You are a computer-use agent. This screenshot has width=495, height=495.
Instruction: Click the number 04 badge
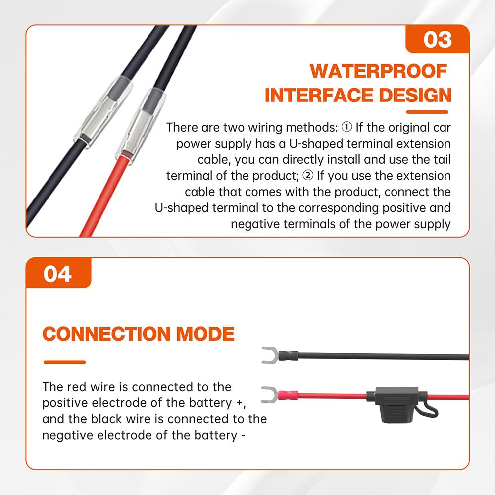pyautogui.click(x=58, y=274)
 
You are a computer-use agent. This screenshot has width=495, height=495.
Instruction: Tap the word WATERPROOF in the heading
pyautogui.click(x=379, y=71)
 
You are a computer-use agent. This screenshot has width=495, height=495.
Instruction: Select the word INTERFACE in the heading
pyautogui.click(x=316, y=95)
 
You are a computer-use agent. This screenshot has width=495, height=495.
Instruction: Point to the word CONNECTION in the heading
pyautogui.click(x=106, y=334)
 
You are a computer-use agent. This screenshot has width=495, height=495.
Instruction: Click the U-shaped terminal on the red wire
pyautogui.click(x=269, y=395)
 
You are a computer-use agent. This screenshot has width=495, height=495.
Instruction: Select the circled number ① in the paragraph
pyautogui.click(x=346, y=128)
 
